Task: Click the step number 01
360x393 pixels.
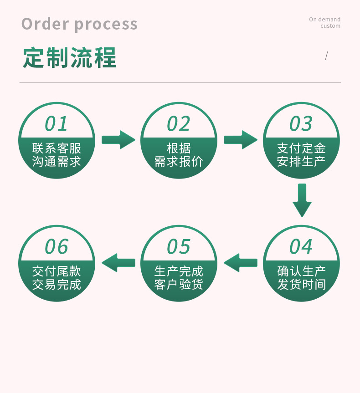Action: click(x=57, y=123)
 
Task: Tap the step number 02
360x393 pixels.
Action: click(x=179, y=123)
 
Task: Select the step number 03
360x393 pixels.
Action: click(x=301, y=123)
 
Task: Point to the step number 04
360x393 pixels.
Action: click(x=301, y=246)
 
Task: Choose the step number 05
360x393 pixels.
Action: click(x=179, y=246)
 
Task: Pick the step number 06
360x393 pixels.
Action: click(x=57, y=246)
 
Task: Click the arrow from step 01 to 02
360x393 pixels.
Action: click(x=118, y=140)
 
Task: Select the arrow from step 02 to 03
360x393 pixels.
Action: click(x=240, y=140)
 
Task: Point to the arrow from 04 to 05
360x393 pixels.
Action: click(x=240, y=263)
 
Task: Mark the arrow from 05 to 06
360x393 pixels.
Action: click(x=118, y=263)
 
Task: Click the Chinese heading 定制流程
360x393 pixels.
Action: click(x=69, y=58)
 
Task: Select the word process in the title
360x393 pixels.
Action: click(x=106, y=24)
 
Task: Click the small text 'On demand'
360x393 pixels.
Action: click(x=324, y=19)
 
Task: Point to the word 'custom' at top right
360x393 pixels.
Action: click(x=330, y=26)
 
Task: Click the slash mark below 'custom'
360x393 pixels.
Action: click(x=326, y=56)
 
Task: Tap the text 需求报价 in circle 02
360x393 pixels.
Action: click(x=179, y=162)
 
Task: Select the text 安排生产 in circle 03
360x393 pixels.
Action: click(x=301, y=162)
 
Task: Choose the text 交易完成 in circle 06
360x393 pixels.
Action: click(x=57, y=285)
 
